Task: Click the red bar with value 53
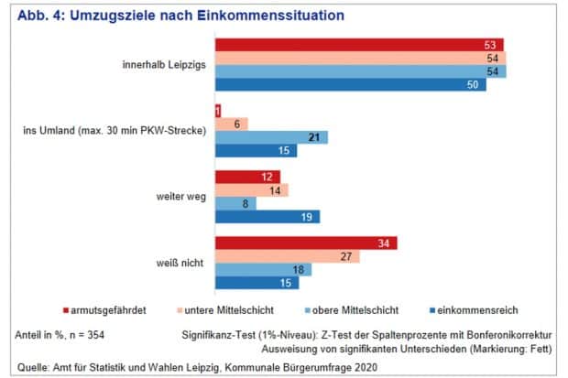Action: point(358,45)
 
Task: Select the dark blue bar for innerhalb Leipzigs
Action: point(350,85)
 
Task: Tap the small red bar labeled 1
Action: point(218,111)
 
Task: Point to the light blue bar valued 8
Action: point(235,203)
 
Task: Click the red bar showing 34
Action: point(307,243)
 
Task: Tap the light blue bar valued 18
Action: point(263,269)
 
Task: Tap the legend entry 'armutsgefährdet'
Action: point(109,308)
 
